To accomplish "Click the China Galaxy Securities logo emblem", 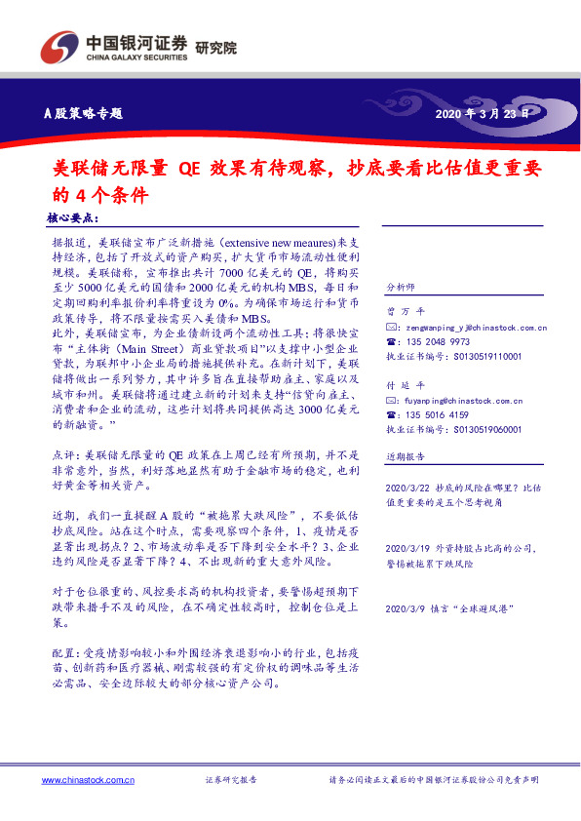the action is click(60, 46).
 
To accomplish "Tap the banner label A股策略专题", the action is click(85, 113).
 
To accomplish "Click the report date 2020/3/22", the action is click(407, 488).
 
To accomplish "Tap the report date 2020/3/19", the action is click(407, 548).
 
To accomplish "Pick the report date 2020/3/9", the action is click(405, 608).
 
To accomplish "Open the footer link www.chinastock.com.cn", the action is click(88, 781).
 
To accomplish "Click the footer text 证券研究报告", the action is click(231, 781).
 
